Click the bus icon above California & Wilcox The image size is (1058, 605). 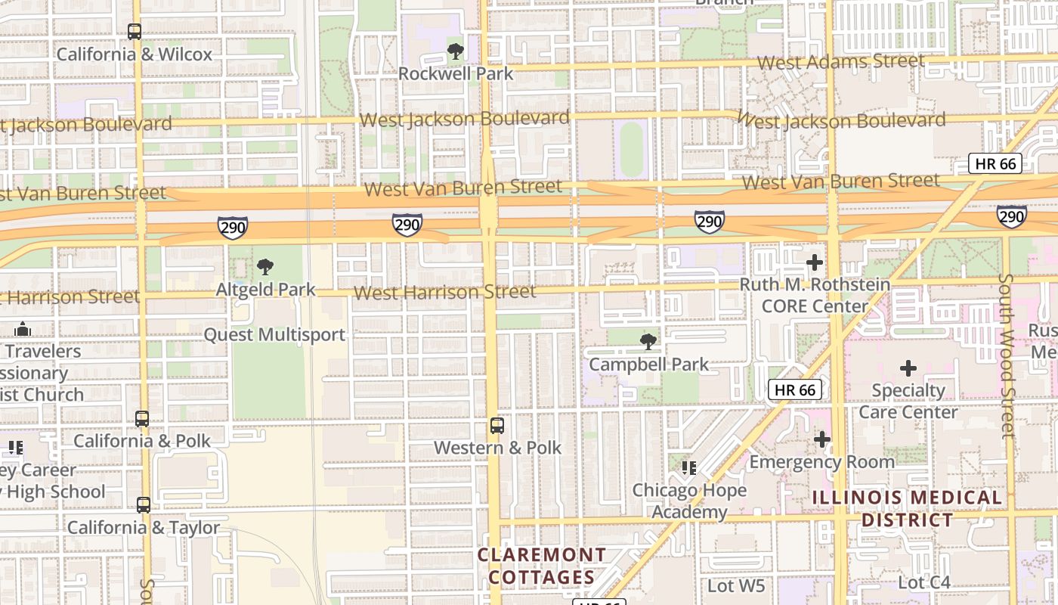click(135, 32)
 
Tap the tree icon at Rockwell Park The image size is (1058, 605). click(455, 51)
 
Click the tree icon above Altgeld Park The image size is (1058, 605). click(264, 266)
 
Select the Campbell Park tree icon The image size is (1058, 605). click(648, 342)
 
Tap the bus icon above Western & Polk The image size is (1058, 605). click(497, 425)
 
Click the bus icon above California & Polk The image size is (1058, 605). click(142, 419)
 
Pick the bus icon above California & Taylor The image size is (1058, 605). click(143, 505)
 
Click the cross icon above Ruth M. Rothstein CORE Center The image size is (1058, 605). click(814, 262)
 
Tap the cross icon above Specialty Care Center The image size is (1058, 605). click(908, 368)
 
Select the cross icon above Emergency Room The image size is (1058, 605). click(821, 439)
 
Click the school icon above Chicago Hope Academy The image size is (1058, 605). click(688, 467)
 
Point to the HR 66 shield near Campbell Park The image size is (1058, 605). click(795, 389)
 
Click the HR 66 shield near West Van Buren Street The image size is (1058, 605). click(995, 163)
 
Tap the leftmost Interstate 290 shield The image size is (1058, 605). click(232, 227)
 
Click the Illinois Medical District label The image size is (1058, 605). click(907, 509)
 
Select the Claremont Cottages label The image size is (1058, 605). click(541, 566)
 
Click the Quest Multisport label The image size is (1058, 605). click(274, 334)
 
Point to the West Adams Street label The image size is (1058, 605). click(840, 61)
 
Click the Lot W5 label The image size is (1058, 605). click(736, 585)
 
